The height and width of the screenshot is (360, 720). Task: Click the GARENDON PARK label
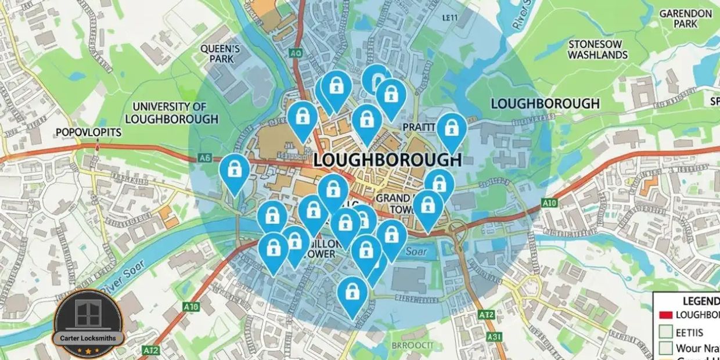coord(685,19)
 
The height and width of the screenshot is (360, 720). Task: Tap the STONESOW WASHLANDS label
coord(597,49)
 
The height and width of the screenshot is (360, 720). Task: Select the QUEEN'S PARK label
coord(220,54)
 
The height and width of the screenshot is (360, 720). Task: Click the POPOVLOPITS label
coord(88,132)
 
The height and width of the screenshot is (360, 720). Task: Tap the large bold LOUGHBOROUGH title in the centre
coord(387,160)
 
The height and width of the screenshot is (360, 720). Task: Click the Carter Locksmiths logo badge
coord(88,323)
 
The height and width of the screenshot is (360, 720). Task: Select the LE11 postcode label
coord(450,18)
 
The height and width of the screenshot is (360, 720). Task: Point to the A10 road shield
coord(549,203)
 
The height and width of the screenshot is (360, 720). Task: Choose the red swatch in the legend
coord(666,315)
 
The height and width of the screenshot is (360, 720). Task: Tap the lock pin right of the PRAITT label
coord(451,131)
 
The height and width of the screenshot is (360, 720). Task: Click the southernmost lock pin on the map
coord(352,294)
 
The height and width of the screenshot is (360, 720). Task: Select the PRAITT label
coord(419,127)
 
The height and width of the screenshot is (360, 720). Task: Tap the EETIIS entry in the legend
coord(690,333)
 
